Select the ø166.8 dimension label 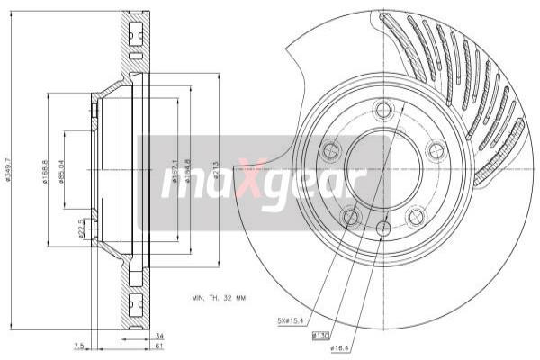[45, 170]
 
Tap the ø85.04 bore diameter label [60, 170]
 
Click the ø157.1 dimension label [171, 170]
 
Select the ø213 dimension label [216, 170]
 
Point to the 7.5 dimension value [79, 345]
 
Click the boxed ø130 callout [320, 335]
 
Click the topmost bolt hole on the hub [384, 111]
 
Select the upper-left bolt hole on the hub [330, 150]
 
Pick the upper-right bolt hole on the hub [437, 150]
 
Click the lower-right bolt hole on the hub [417, 216]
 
